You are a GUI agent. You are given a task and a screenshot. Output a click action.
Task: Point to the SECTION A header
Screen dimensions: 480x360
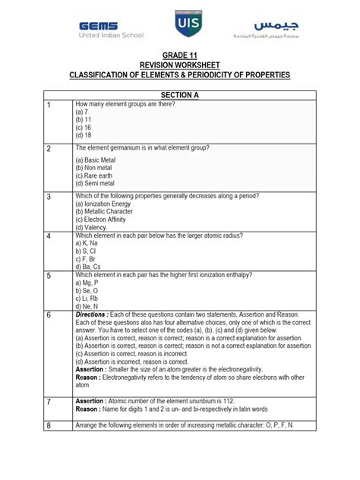[179, 93]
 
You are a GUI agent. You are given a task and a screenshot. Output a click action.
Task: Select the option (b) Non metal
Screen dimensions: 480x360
[95, 167]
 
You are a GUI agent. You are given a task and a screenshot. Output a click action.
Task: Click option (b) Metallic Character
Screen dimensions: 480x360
[103, 211]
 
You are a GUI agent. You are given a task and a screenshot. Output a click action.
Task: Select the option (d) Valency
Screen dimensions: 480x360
[91, 227]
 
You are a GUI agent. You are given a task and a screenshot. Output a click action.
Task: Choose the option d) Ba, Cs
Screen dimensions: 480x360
[89, 267]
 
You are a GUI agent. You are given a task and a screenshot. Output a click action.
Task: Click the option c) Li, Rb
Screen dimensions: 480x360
[88, 298]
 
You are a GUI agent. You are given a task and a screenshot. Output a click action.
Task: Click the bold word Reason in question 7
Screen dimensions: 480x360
[90, 409]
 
